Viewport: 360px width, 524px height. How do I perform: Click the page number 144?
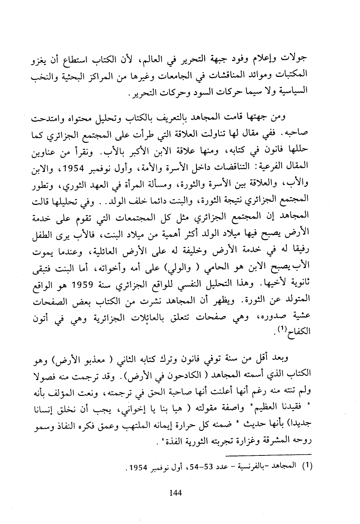click(x=176, y=493)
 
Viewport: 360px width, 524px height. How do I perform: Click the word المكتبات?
click(x=294, y=75)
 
